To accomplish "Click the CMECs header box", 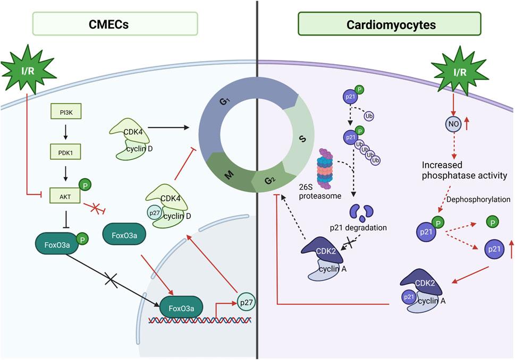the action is coord(115,23).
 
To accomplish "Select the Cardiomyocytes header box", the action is coord(390,23).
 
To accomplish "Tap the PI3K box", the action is coord(66,112).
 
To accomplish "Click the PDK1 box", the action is coord(65,152).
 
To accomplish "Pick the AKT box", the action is coord(65,195).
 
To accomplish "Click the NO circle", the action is coord(453,124).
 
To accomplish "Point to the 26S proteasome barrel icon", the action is coord(325,169).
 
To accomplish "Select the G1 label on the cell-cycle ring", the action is coord(225,101).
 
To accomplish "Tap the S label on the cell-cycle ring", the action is coord(302,139).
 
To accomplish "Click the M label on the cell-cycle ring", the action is coord(229,175).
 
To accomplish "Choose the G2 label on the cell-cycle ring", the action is coord(270,180).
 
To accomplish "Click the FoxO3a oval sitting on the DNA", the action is coord(181,308).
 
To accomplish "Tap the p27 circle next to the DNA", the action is coord(246,302).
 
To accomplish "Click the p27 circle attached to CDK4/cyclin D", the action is coord(154,213).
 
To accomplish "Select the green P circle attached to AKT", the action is coord(85,185).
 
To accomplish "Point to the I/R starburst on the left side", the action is coord(28,70).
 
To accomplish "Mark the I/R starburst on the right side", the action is coord(460,71).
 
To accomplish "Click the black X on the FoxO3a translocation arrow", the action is coord(111,280).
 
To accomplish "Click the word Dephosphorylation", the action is coord(478,199).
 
